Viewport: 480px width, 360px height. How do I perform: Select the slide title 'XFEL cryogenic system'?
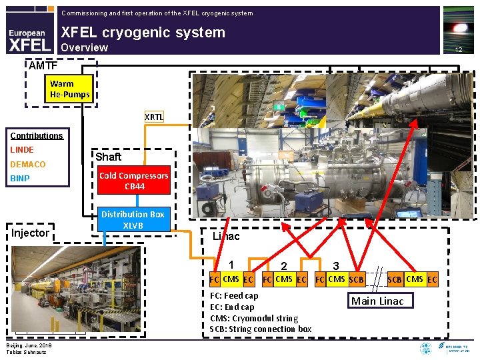click(x=143, y=32)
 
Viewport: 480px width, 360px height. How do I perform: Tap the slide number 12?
click(x=458, y=50)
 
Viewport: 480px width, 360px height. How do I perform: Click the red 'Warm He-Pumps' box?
click(x=69, y=89)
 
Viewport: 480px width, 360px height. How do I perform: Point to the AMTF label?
click(x=43, y=65)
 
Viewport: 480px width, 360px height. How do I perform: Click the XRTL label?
click(x=154, y=117)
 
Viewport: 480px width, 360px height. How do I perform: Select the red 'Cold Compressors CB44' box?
click(x=134, y=181)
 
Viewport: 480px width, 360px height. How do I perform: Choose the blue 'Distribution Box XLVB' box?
click(x=133, y=219)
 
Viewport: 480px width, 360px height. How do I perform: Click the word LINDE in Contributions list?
click(x=21, y=149)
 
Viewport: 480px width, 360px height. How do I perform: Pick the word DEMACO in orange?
click(x=27, y=164)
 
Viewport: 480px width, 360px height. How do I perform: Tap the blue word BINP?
click(x=19, y=179)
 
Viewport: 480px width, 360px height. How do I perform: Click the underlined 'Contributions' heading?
click(x=36, y=135)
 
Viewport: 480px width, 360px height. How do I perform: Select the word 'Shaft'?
click(x=108, y=157)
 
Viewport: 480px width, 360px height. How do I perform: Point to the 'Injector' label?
click(x=30, y=233)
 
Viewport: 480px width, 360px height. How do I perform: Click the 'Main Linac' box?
click(x=377, y=301)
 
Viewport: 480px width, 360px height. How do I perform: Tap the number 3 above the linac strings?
click(x=337, y=265)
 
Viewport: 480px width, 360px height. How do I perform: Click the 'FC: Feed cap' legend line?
click(x=234, y=295)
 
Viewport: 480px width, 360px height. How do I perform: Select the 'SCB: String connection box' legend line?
click(x=260, y=329)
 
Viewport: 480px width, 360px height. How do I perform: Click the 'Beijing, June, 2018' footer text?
click(x=28, y=345)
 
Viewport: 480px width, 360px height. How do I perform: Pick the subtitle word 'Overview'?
click(x=84, y=47)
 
